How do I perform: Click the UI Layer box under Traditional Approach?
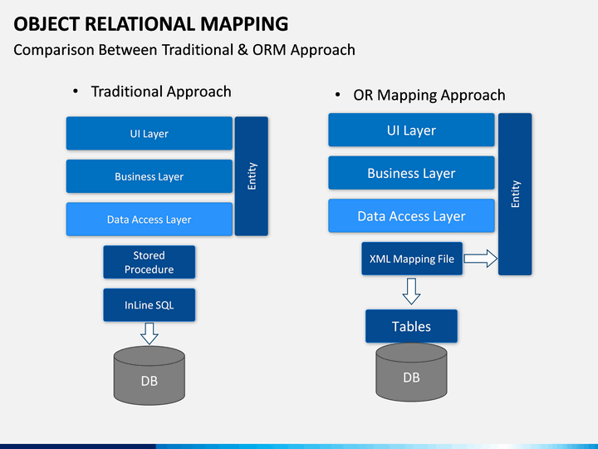click(149, 133)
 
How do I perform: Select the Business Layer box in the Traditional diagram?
click(149, 176)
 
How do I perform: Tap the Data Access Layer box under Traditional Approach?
click(149, 220)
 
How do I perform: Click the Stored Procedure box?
click(149, 262)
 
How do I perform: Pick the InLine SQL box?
click(149, 304)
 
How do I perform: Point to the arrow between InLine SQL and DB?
click(149, 333)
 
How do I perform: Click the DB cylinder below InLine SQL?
click(149, 376)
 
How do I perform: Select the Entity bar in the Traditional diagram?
click(252, 176)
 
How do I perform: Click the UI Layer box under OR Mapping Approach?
click(411, 130)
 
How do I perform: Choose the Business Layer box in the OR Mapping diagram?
click(411, 173)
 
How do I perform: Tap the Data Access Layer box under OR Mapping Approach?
click(411, 215)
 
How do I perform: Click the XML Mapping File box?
click(412, 259)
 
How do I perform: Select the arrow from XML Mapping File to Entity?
click(481, 259)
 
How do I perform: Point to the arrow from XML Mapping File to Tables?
click(411, 291)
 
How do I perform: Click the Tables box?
click(411, 326)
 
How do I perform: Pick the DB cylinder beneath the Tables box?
click(411, 373)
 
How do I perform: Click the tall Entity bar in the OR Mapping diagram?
click(515, 194)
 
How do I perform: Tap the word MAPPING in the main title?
click(244, 23)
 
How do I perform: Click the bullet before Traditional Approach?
click(76, 91)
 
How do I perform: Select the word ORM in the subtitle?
click(269, 50)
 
